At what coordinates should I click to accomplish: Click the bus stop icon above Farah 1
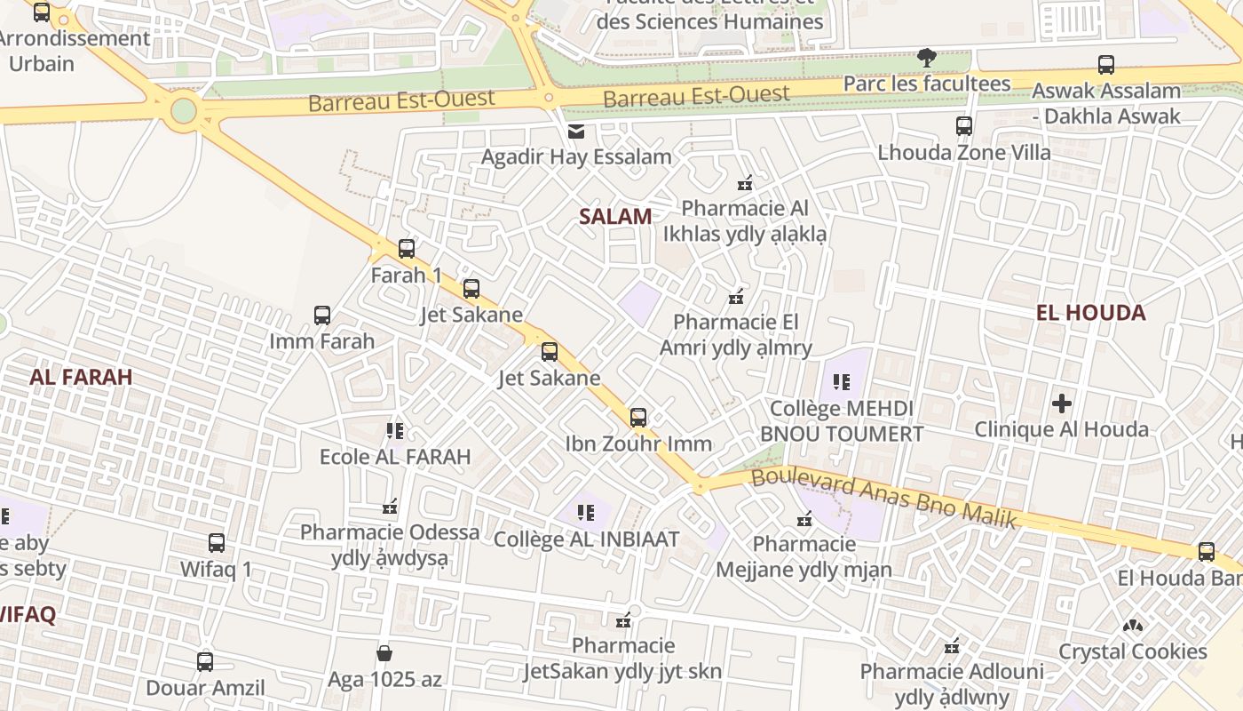[x=407, y=249]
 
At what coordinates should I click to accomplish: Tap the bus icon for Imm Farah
[x=322, y=316]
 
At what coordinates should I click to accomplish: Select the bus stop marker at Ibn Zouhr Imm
[x=637, y=417]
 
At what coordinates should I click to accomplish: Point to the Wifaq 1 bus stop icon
[x=217, y=543]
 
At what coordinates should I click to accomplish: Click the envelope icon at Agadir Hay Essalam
[x=576, y=132]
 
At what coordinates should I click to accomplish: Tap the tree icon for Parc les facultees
[x=926, y=58]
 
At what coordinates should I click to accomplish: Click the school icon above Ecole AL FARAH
[x=395, y=432]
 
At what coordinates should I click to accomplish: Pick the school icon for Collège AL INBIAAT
[x=586, y=513]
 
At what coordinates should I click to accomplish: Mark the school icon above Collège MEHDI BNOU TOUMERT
[x=842, y=383]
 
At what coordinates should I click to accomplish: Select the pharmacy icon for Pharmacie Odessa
[x=390, y=507]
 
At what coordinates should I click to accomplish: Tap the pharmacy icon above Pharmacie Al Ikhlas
[x=745, y=184]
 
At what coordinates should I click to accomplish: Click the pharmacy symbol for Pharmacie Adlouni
[x=953, y=645]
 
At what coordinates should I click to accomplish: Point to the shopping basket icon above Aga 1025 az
[x=384, y=654]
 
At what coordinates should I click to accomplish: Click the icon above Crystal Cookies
[x=1132, y=626]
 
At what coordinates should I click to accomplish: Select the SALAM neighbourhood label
[x=615, y=216]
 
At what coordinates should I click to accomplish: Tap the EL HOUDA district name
[x=1090, y=313]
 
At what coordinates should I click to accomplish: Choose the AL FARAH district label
[x=81, y=377]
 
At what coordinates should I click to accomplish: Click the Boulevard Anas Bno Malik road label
[x=883, y=499]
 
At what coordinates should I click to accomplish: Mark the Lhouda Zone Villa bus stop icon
[x=964, y=126]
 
